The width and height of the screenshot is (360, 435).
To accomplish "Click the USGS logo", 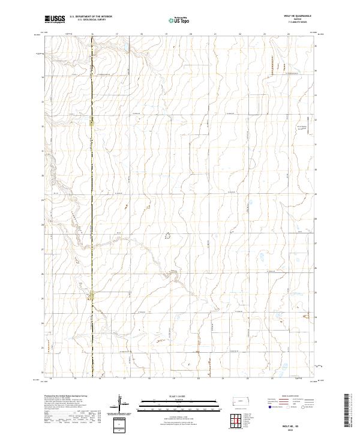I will (55, 20).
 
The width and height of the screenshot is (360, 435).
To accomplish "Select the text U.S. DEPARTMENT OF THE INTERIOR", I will (95, 17).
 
